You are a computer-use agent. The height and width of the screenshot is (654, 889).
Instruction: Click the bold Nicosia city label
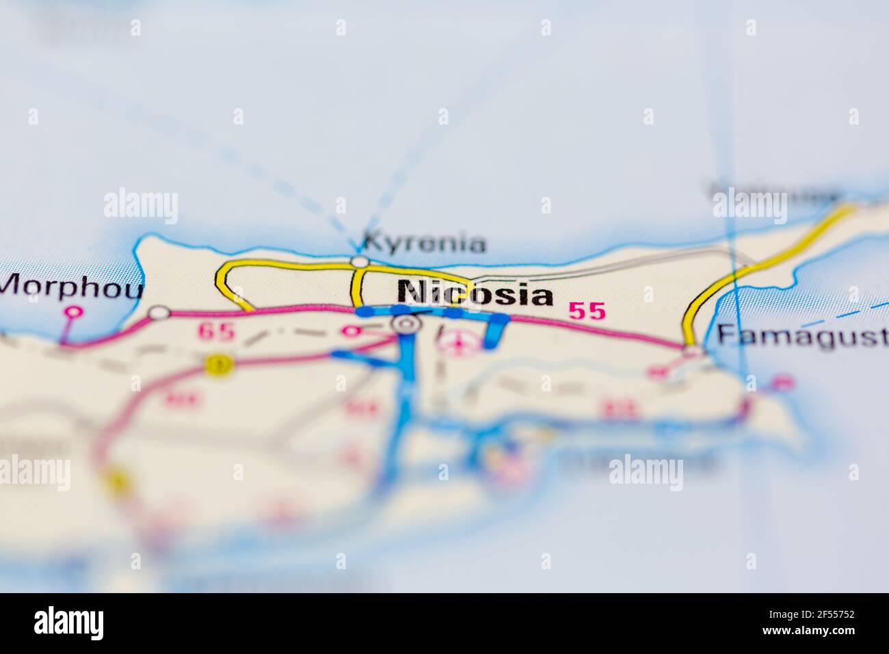click(x=476, y=294)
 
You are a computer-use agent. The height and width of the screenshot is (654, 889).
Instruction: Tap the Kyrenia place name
click(x=424, y=243)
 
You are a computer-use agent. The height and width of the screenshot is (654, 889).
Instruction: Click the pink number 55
click(x=587, y=311)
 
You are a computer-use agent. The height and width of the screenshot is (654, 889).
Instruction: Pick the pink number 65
click(x=216, y=332)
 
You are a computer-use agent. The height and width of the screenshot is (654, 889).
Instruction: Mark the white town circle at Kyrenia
click(x=359, y=261)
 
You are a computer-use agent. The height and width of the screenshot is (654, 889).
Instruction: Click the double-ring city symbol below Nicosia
click(x=406, y=324)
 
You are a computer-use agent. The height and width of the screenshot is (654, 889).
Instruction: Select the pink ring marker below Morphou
click(x=72, y=312)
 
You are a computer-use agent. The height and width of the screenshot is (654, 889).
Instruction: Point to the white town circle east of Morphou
click(x=159, y=313)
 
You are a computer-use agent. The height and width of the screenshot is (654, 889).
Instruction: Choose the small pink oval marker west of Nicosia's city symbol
click(x=351, y=332)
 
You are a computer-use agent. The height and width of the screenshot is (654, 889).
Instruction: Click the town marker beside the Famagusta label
click(x=693, y=351)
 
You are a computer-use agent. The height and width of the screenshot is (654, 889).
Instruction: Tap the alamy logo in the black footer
click(x=68, y=623)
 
